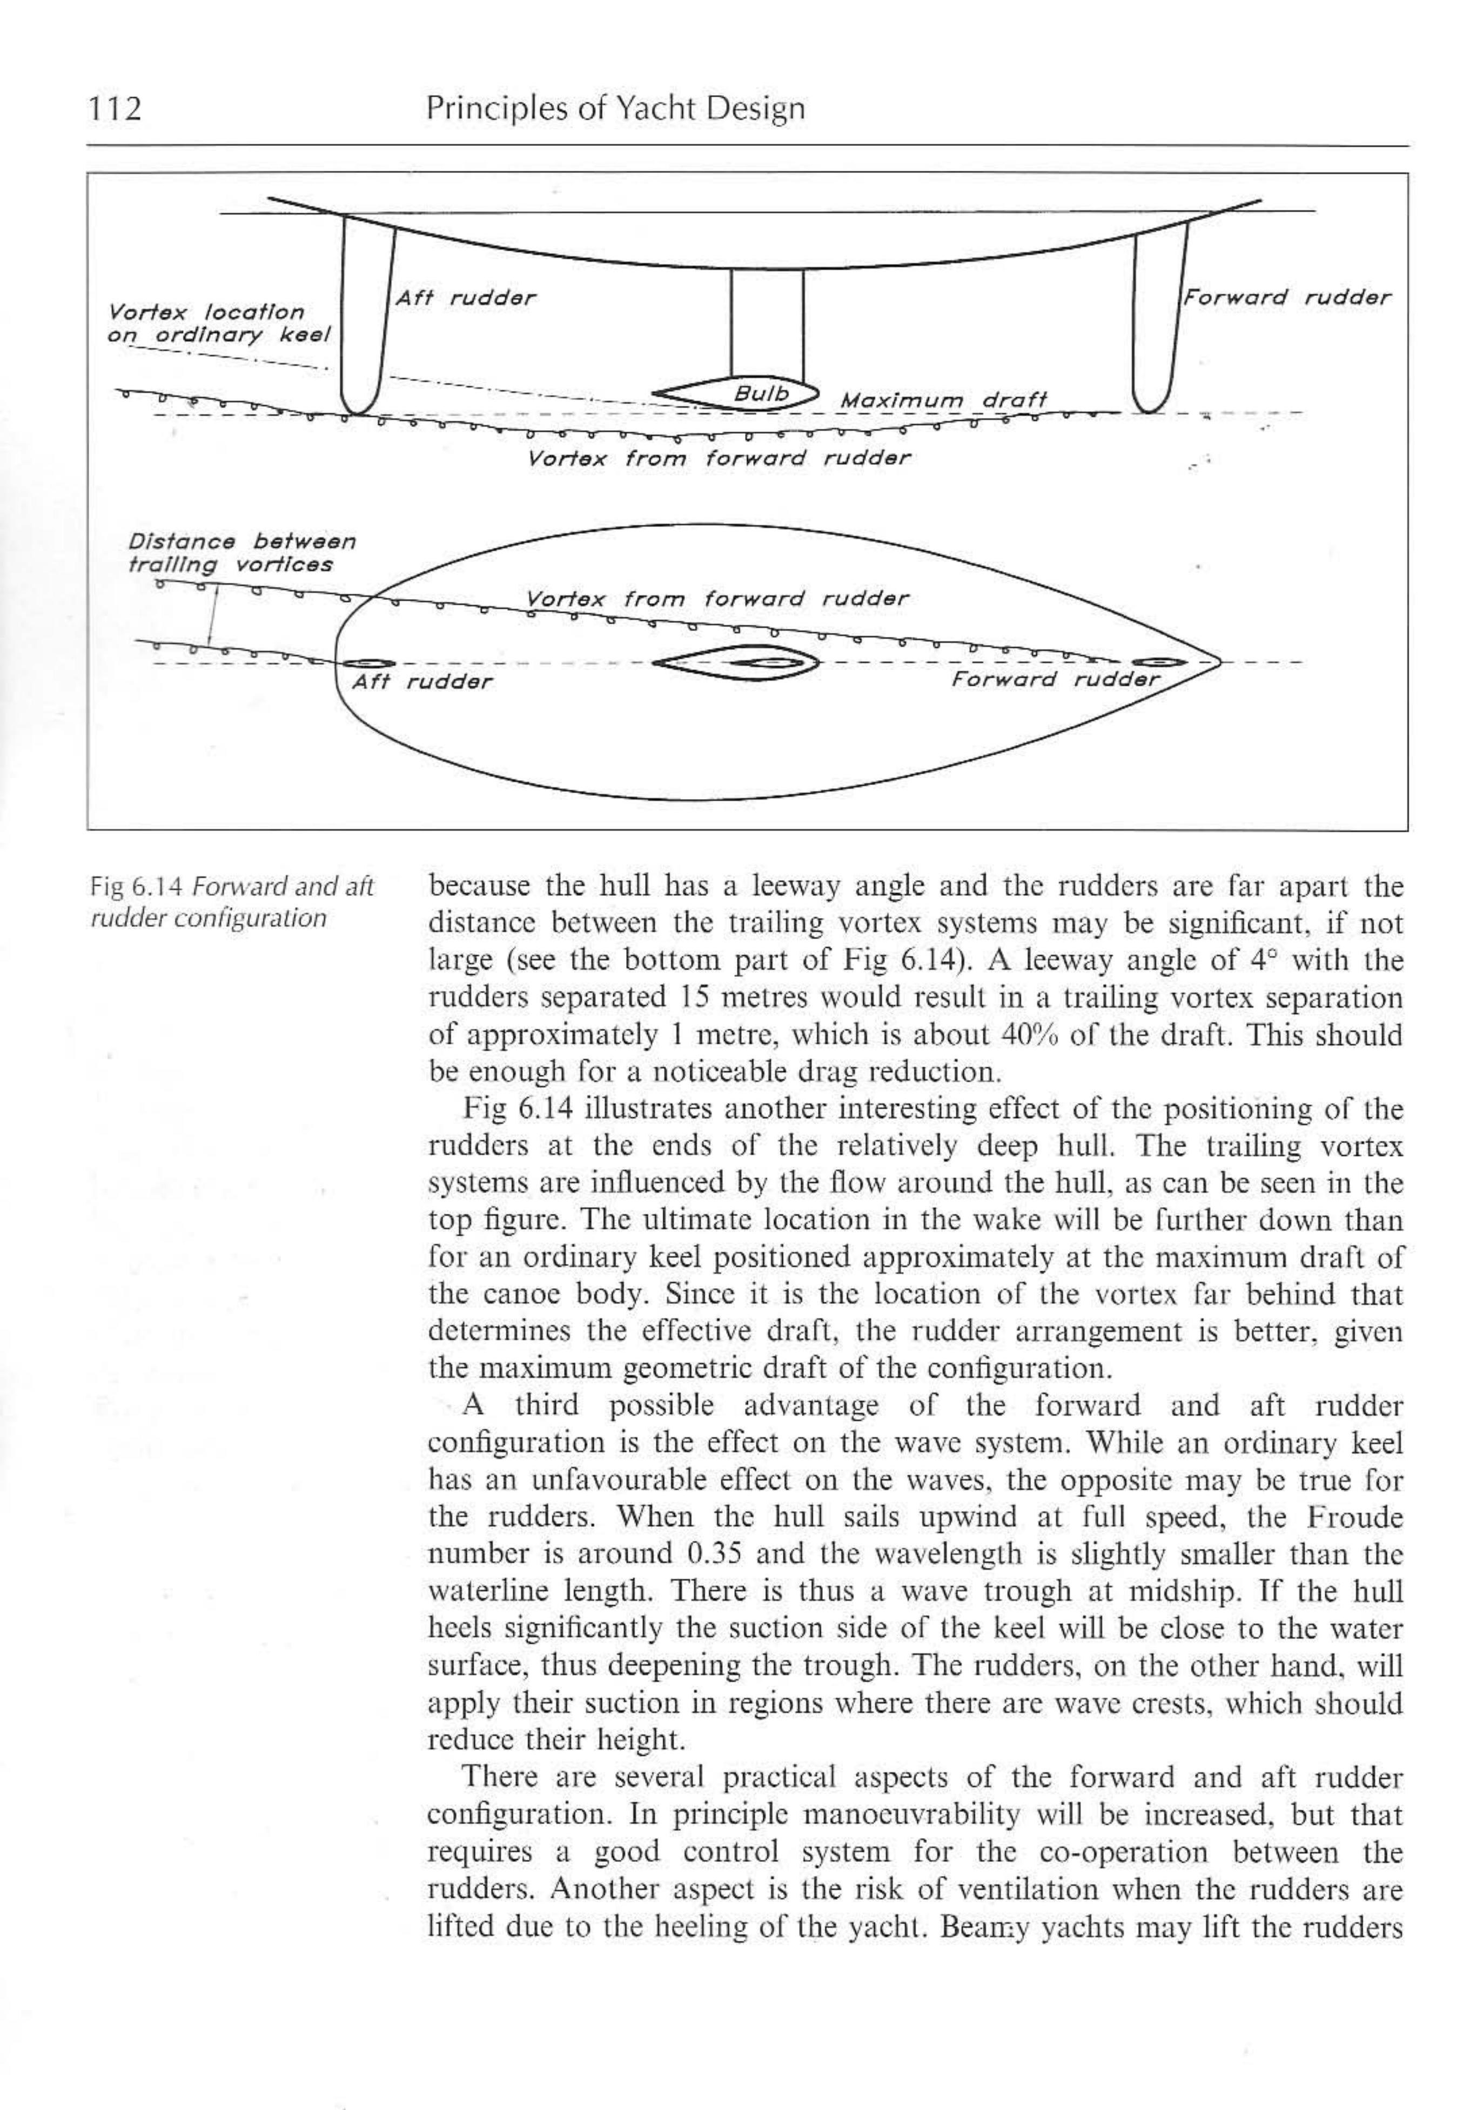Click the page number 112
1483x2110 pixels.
[116, 109]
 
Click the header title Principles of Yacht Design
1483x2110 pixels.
[615, 109]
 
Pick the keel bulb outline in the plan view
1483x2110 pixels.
[735, 662]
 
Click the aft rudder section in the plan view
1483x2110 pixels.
[367, 662]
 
